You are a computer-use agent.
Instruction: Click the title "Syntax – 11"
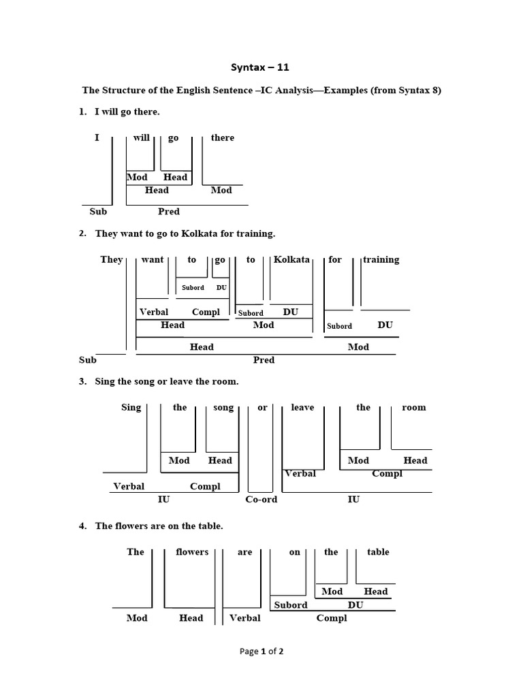(x=261, y=67)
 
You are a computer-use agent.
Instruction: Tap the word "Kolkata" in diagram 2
(x=291, y=259)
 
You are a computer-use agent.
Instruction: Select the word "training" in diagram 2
(x=381, y=259)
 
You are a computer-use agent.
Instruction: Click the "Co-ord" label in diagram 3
(x=261, y=499)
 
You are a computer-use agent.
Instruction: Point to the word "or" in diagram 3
(x=262, y=408)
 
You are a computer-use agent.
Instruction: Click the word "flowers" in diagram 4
(x=192, y=551)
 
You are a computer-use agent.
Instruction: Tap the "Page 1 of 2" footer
(x=261, y=651)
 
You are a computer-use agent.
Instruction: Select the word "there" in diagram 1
(x=222, y=137)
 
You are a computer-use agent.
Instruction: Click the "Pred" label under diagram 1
(x=169, y=211)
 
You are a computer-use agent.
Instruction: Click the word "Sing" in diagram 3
(x=131, y=407)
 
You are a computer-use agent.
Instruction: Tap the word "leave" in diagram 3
(x=302, y=407)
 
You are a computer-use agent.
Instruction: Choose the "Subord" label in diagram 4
(x=291, y=604)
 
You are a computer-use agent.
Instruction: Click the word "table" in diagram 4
(x=378, y=551)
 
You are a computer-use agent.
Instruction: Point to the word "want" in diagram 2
(x=153, y=259)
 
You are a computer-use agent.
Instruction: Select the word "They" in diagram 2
(x=112, y=259)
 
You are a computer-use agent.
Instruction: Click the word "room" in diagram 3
(x=413, y=407)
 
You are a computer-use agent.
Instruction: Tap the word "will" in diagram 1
(x=141, y=137)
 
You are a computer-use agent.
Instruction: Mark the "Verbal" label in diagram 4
(x=245, y=617)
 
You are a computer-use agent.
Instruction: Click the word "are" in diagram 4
(x=245, y=551)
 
